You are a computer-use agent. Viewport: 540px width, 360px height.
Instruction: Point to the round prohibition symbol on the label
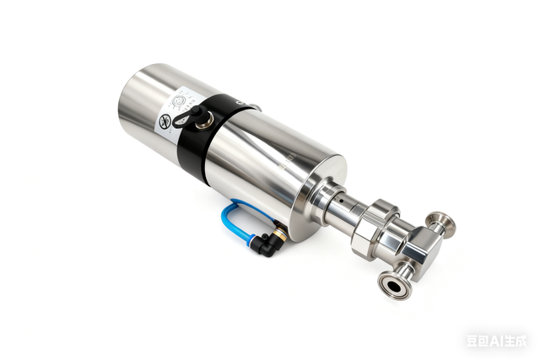[x=165, y=122]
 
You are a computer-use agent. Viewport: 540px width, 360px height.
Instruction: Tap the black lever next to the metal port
[x=192, y=111]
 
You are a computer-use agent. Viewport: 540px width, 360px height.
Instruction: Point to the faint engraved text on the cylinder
[x=283, y=156]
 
